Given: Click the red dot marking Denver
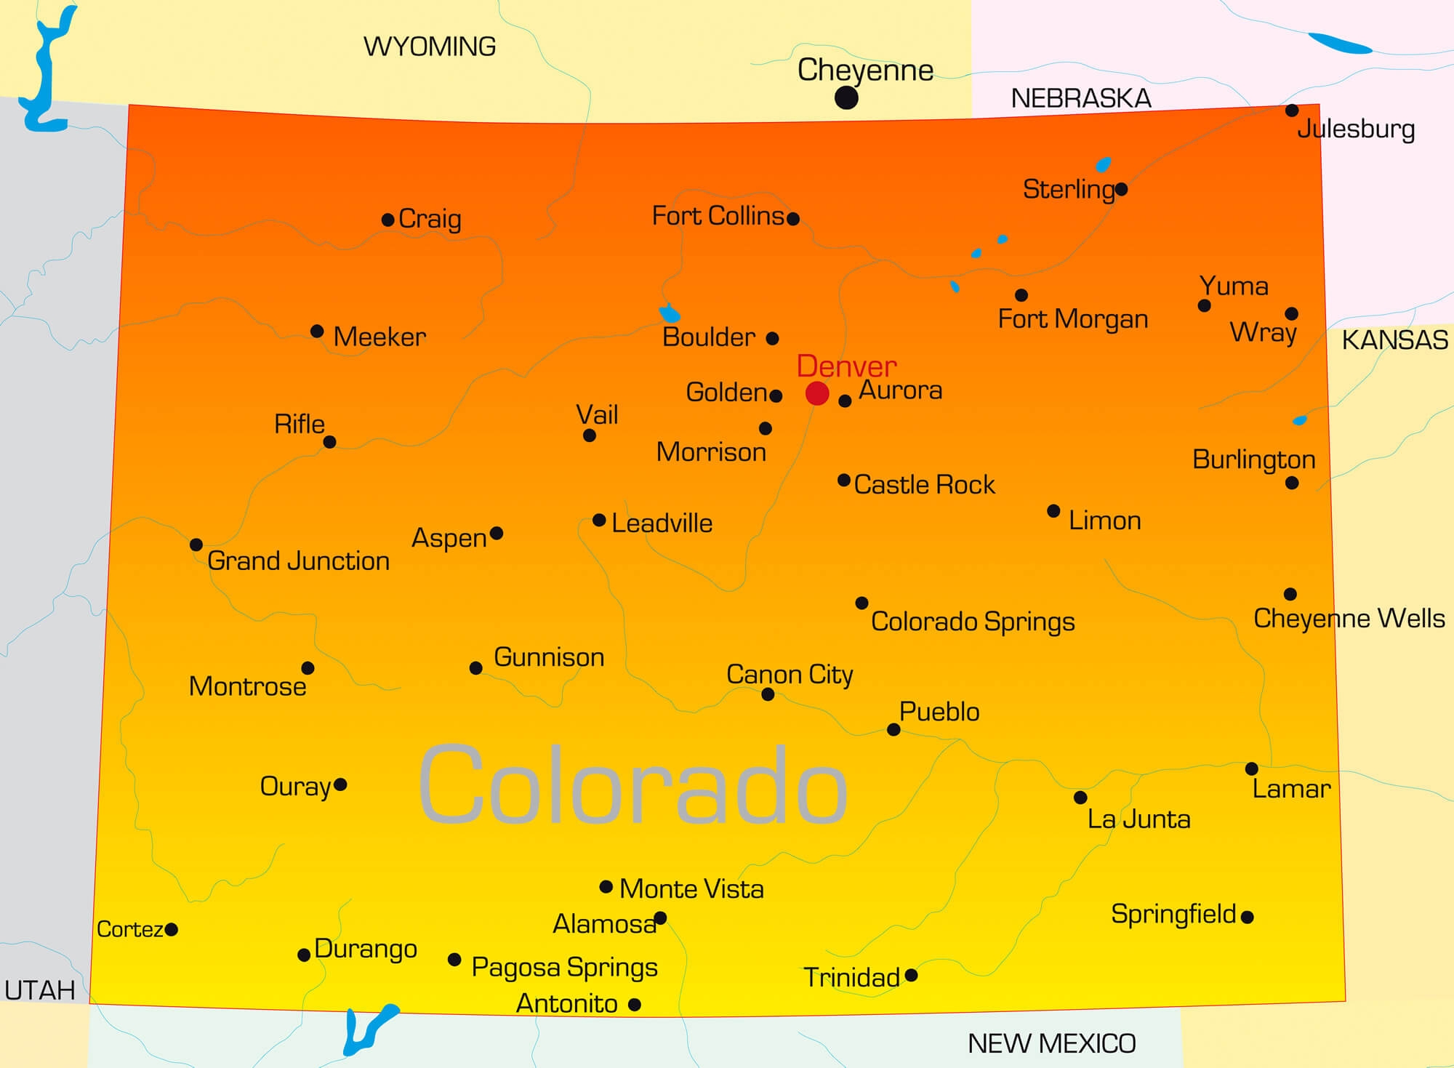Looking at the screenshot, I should click(x=817, y=393).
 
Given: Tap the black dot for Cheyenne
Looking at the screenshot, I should click(x=846, y=97).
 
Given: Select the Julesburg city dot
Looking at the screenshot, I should click(x=1292, y=111).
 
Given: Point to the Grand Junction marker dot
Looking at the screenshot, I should click(x=196, y=545).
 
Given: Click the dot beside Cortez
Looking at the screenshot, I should click(x=172, y=929).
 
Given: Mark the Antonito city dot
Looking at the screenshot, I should click(x=635, y=1005).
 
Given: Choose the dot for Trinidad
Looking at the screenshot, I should click(x=911, y=975).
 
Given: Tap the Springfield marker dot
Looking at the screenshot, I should click(x=1248, y=917).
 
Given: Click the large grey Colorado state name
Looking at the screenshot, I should click(x=632, y=785).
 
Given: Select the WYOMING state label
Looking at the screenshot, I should click(x=430, y=47).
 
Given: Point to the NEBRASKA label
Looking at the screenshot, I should click(x=1081, y=99).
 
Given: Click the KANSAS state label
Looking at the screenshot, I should click(x=1394, y=340).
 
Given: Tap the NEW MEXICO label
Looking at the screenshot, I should click(x=1051, y=1044).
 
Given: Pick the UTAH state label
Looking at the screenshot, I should click(x=40, y=990).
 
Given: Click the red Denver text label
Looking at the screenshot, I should click(x=846, y=366).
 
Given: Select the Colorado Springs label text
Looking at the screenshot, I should click(x=973, y=622).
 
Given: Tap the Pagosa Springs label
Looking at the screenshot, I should click(x=564, y=968).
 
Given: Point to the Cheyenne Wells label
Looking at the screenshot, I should click(x=1349, y=619).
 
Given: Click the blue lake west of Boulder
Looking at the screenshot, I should click(x=670, y=314).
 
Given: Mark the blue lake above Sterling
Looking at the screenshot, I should click(x=1104, y=164).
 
